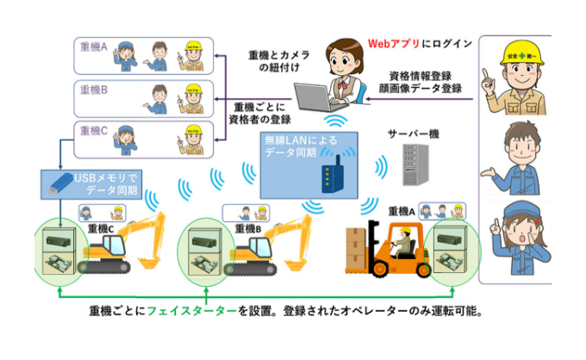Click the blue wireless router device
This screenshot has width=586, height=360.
tap(331, 177)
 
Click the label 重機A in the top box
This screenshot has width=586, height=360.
tap(92, 49)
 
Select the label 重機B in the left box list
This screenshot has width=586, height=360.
tap(92, 90)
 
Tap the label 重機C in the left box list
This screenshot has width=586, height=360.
tap(92, 131)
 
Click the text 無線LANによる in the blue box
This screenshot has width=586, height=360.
tap(300, 141)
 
